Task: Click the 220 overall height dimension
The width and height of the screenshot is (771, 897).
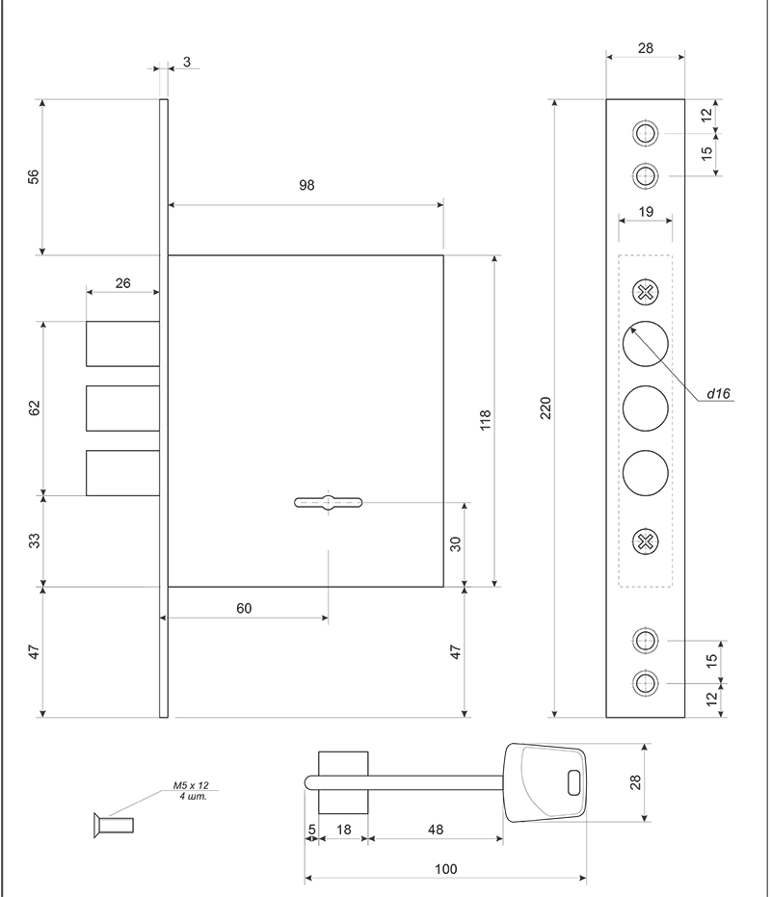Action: (545, 408)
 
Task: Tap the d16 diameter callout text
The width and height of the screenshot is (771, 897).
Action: (718, 393)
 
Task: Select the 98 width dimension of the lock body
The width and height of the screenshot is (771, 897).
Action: (306, 185)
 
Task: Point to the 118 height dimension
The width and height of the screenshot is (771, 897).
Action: (486, 420)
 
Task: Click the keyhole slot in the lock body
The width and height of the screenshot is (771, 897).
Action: (328, 503)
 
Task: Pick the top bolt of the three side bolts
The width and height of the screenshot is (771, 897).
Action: (122, 344)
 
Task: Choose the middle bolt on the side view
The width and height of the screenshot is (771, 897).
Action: (122, 409)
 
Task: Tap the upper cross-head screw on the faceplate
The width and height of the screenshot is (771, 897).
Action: (645, 292)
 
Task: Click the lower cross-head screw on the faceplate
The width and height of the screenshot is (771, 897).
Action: (645, 541)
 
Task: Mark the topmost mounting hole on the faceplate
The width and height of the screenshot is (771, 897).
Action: (645, 133)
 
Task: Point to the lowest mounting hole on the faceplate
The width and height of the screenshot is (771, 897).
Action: (645, 683)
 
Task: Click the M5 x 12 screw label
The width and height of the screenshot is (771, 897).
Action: (191, 785)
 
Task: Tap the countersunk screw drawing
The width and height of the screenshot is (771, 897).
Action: (114, 826)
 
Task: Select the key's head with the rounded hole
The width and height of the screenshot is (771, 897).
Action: (545, 782)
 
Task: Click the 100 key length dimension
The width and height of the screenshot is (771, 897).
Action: (446, 869)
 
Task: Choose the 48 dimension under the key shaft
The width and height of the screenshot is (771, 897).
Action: (436, 830)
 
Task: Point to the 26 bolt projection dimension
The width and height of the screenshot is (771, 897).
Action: (123, 283)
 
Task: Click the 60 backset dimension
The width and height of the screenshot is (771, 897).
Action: (244, 608)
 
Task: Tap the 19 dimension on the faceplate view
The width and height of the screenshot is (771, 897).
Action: (646, 212)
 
